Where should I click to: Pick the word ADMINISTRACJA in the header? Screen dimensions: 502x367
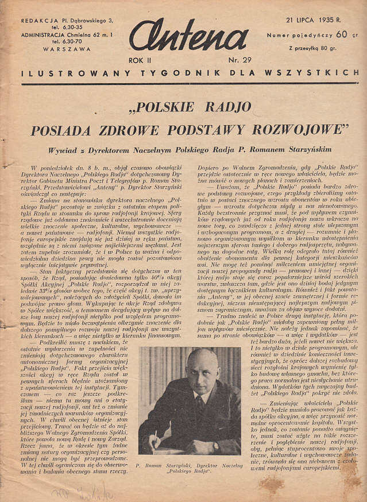click(48, 34)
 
